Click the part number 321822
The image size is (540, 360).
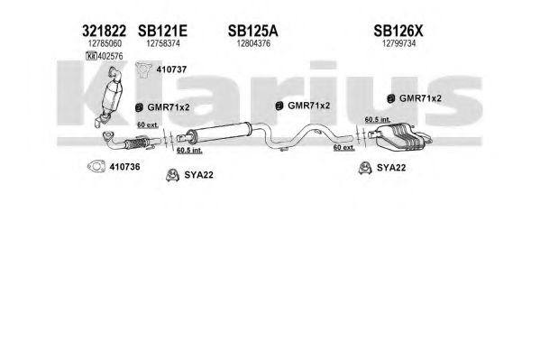click(104, 31)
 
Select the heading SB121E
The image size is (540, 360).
click(162, 31)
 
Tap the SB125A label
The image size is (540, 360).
click(252, 31)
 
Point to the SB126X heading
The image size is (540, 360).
click(398, 31)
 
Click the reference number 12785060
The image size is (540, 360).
click(105, 43)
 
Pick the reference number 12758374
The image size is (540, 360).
click(163, 43)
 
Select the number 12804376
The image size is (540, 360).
click(253, 43)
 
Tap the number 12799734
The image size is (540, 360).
click(399, 43)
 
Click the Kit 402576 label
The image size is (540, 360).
click(105, 56)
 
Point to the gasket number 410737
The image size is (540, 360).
click(171, 69)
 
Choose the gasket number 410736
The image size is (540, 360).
click(124, 167)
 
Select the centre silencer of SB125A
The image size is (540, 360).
click(219, 132)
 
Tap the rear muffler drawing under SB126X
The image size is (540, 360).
click(399, 137)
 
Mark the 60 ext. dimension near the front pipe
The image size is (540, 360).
click(148, 125)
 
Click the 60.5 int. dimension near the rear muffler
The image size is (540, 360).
click(378, 120)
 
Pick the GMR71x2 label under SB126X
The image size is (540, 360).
click(420, 98)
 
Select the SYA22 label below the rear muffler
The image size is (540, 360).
click(391, 168)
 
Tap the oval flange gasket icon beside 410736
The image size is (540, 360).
click(96, 167)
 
